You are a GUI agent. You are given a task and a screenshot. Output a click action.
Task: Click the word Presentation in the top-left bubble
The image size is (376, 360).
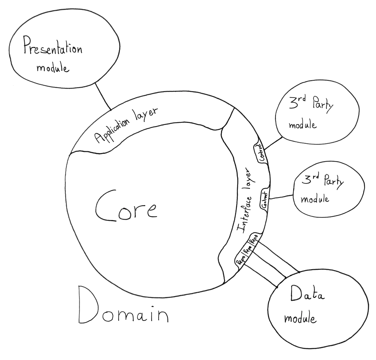(x=53, y=50)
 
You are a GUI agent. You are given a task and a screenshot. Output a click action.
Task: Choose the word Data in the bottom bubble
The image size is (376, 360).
(x=307, y=294)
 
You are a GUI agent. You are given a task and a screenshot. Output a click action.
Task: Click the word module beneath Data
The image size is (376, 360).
(x=300, y=318)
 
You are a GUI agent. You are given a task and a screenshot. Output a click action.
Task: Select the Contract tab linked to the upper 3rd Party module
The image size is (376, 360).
(x=261, y=152)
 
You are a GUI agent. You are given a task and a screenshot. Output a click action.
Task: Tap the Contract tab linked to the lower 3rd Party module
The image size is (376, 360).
(x=264, y=200)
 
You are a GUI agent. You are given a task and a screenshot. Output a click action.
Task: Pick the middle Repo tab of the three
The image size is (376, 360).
(x=247, y=249)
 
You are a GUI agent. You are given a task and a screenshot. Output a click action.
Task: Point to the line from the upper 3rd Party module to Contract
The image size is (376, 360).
(x=273, y=143)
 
